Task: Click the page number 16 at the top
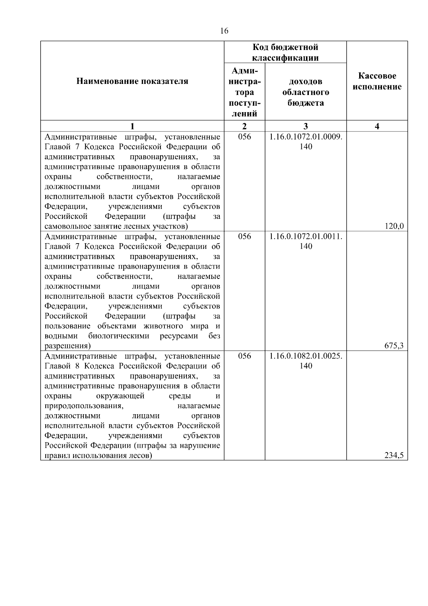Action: [x=224, y=31]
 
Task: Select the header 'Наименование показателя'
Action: [x=132, y=81]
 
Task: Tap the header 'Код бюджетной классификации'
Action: [x=285, y=52]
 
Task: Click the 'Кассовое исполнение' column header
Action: [x=377, y=81]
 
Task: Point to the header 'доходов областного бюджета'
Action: [x=306, y=92]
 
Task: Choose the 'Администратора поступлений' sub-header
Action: [x=244, y=92]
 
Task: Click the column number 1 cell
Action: [x=132, y=126]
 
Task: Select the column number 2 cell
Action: [x=244, y=126]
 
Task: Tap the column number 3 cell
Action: [x=306, y=126]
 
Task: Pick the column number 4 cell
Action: [x=377, y=126]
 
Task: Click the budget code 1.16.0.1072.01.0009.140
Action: [x=306, y=141]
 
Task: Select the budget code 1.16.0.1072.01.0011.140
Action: [x=306, y=241]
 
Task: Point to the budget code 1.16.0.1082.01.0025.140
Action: [x=306, y=361]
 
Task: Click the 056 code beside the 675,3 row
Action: [x=244, y=236]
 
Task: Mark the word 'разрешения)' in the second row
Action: [x=67, y=346]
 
